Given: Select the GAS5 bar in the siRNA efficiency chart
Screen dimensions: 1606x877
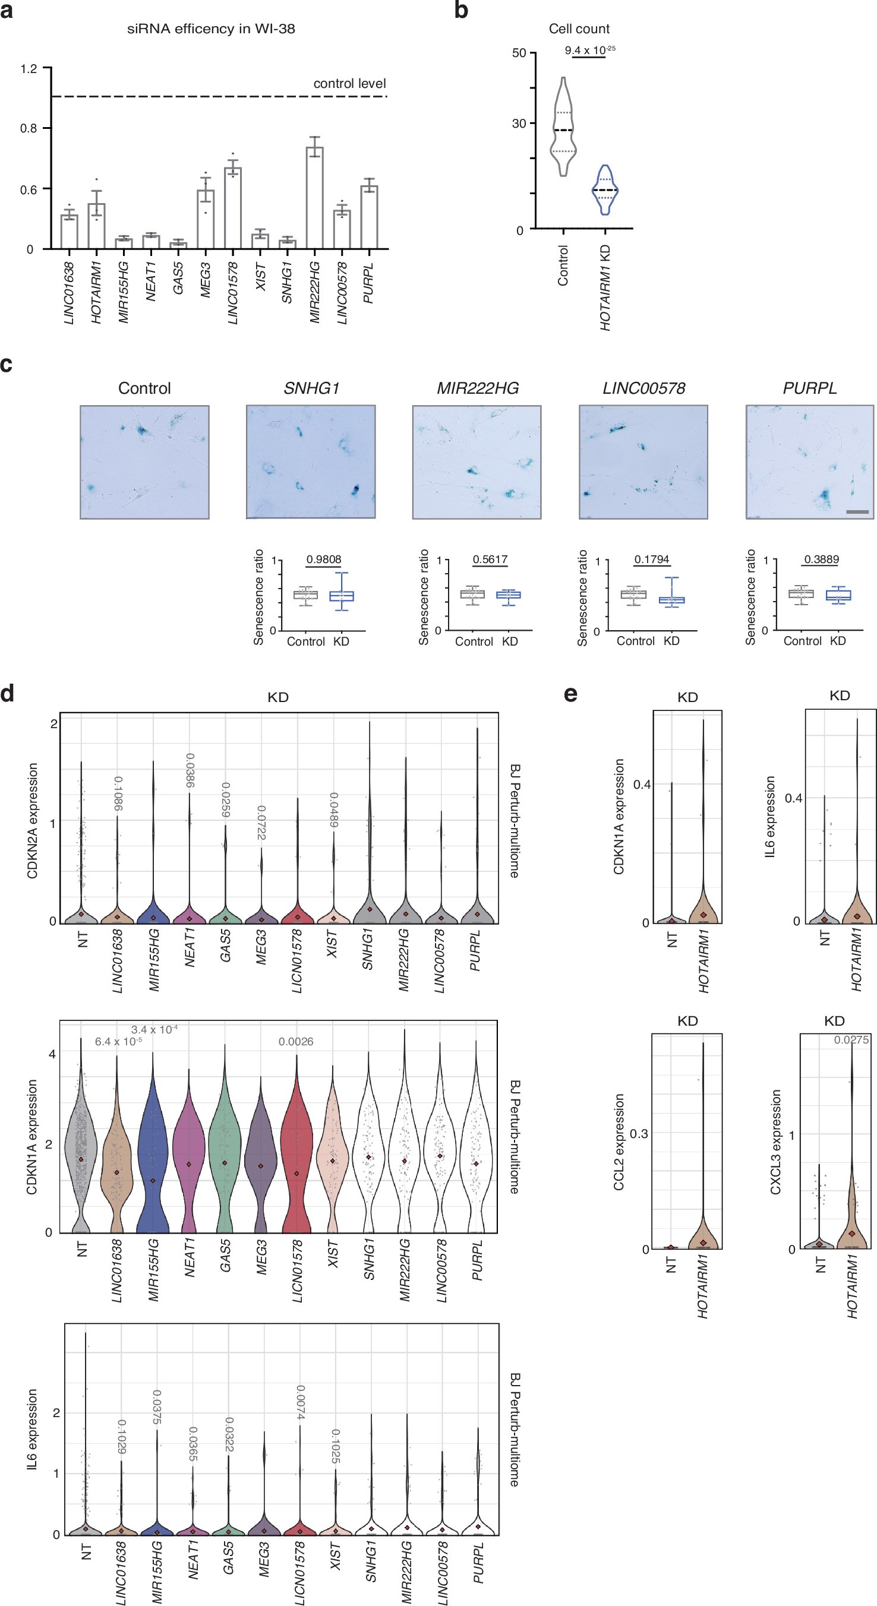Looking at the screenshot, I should click(x=178, y=245).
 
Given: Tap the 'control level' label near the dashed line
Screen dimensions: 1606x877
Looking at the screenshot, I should click(x=349, y=84).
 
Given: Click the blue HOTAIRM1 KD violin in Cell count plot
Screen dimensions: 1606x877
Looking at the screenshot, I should click(x=604, y=189).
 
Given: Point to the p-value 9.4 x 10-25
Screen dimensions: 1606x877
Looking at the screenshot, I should click(x=589, y=50).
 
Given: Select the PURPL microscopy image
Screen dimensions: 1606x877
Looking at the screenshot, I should click(x=810, y=462).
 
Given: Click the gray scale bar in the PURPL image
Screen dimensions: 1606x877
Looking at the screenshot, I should click(x=857, y=512).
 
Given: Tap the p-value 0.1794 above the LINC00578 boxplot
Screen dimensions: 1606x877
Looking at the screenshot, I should click(x=651, y=559).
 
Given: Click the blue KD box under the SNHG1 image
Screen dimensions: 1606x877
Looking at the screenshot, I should click(x=341, y=596).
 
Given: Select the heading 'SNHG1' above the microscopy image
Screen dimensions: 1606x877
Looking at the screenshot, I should click(x=311, y=388).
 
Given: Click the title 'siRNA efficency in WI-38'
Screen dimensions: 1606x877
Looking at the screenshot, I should click(x=211, y=29).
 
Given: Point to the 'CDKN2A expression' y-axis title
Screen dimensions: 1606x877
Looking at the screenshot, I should click(x=33, y=820).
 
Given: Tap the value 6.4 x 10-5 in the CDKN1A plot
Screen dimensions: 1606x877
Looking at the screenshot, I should click(x=118, y=1042).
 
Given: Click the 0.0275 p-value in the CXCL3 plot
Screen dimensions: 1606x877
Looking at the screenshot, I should click(x=851, y=1040).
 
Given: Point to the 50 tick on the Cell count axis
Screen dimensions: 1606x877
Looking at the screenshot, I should click(x=518, y=53).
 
